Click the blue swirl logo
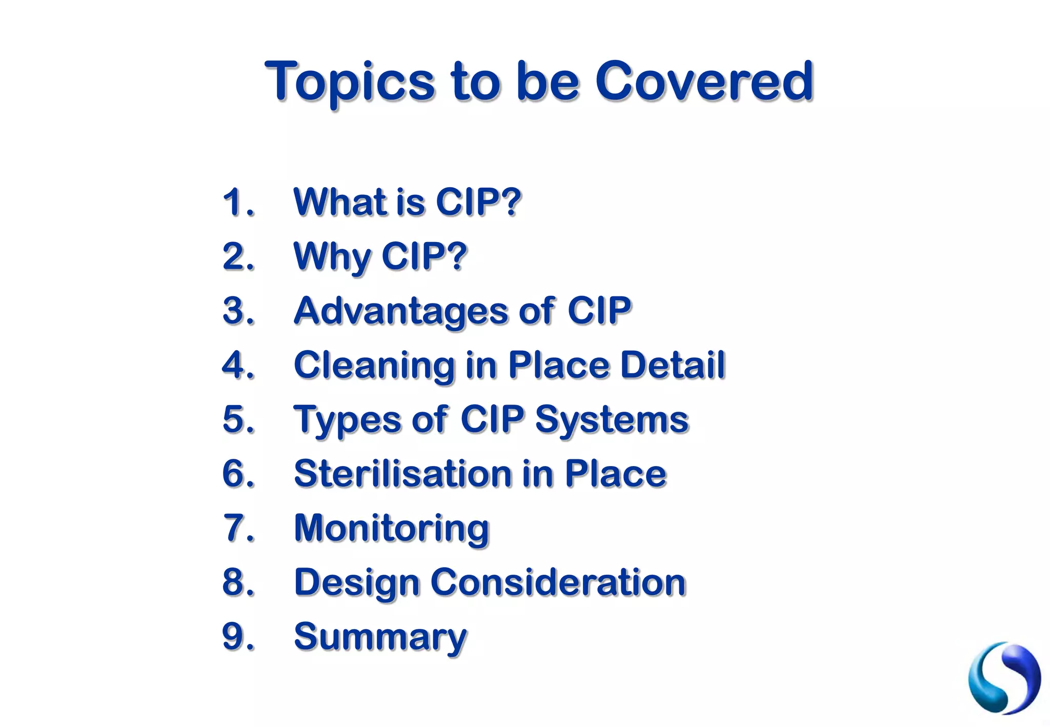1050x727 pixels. click(1004, 678)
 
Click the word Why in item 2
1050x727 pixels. click(331, 257)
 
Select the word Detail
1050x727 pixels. click(672, 365)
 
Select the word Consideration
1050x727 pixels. click(558, 582)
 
